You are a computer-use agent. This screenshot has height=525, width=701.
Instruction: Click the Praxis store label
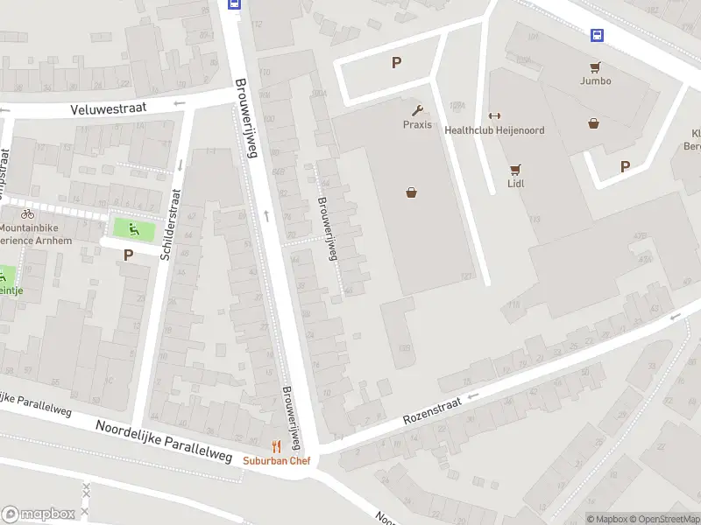pyautogui.click(x=417, y=124)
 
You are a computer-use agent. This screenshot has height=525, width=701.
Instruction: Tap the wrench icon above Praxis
pyautogui.click(x=417, y=110)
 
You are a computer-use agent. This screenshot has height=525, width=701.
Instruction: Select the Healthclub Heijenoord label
pyautogui.click(x=494, y=130)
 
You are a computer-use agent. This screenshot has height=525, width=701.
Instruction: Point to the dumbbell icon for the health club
pyautogui.click(x=494, y=115)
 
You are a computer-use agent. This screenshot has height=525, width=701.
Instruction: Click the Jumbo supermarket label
pyautogui.click(x=595, y=80)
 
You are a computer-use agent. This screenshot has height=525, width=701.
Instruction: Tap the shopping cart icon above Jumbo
pyautogui.click(x=595, y=66)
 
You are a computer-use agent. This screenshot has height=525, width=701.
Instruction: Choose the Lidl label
pyautogui.click(x=515, y=185)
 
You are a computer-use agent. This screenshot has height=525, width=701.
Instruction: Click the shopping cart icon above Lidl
pyautogui.click(x=515, y=170)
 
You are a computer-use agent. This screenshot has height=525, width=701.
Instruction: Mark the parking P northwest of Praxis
pyautogui.click(x=396, y=62)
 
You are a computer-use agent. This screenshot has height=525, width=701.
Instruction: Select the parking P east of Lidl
pyautogui.click(x=625, y=166)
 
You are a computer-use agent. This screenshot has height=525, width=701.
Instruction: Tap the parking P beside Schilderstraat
pyautogui.click(x=128, y=255)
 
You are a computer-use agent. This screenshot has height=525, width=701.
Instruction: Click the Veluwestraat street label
pyautogui.click(x=109, y=108)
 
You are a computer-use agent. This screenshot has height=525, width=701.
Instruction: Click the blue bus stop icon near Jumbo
pyautogui.click(x=597, y=35)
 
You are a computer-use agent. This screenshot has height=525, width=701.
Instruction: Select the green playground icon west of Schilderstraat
pyautogui.click(x=134, y=230)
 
